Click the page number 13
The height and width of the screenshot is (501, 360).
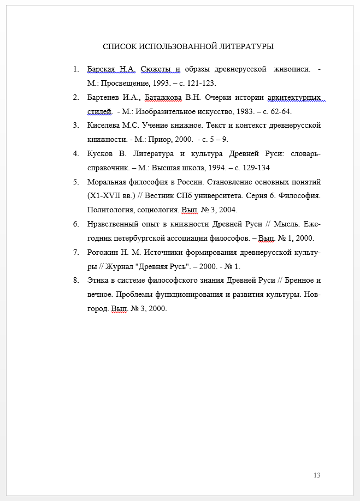click(317, 475)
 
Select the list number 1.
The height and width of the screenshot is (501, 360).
click(75, 69)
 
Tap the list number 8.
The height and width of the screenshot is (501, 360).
click(75, 281)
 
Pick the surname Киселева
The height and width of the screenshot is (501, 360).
click(103, 126)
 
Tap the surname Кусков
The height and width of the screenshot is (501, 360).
click(99, 154)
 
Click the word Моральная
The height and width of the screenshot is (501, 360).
click(107, 182)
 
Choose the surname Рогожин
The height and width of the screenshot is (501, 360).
click(102, 252)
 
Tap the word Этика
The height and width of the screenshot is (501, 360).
click(97, 281)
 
